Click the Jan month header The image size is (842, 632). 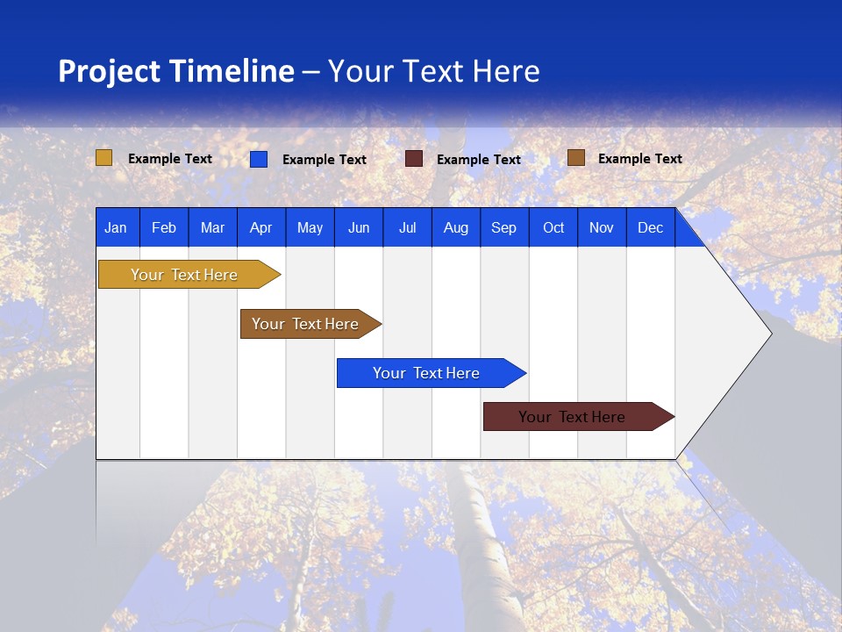[116, 228]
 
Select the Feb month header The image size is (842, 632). [164, 228]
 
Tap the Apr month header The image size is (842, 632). [260, 228]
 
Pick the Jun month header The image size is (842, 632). [359, 228]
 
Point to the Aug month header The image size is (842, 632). [455, 228]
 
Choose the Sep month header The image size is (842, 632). [503, 228]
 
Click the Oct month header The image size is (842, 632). [553, 228]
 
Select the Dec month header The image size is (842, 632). [650, 228]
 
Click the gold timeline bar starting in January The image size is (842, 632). [184, 275]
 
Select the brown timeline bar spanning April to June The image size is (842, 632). [305, 324]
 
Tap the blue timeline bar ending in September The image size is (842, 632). [426, 373]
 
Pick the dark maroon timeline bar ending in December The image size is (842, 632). [572, 417]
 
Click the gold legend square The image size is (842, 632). [104, 158]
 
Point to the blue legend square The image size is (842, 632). [259, 159]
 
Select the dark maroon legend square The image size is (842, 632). [414, 159]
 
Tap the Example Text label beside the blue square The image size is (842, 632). [325, 160]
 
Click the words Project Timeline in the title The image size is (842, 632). [175, 71]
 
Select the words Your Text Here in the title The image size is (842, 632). [434, 71]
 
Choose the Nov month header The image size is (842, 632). [602, 228]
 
